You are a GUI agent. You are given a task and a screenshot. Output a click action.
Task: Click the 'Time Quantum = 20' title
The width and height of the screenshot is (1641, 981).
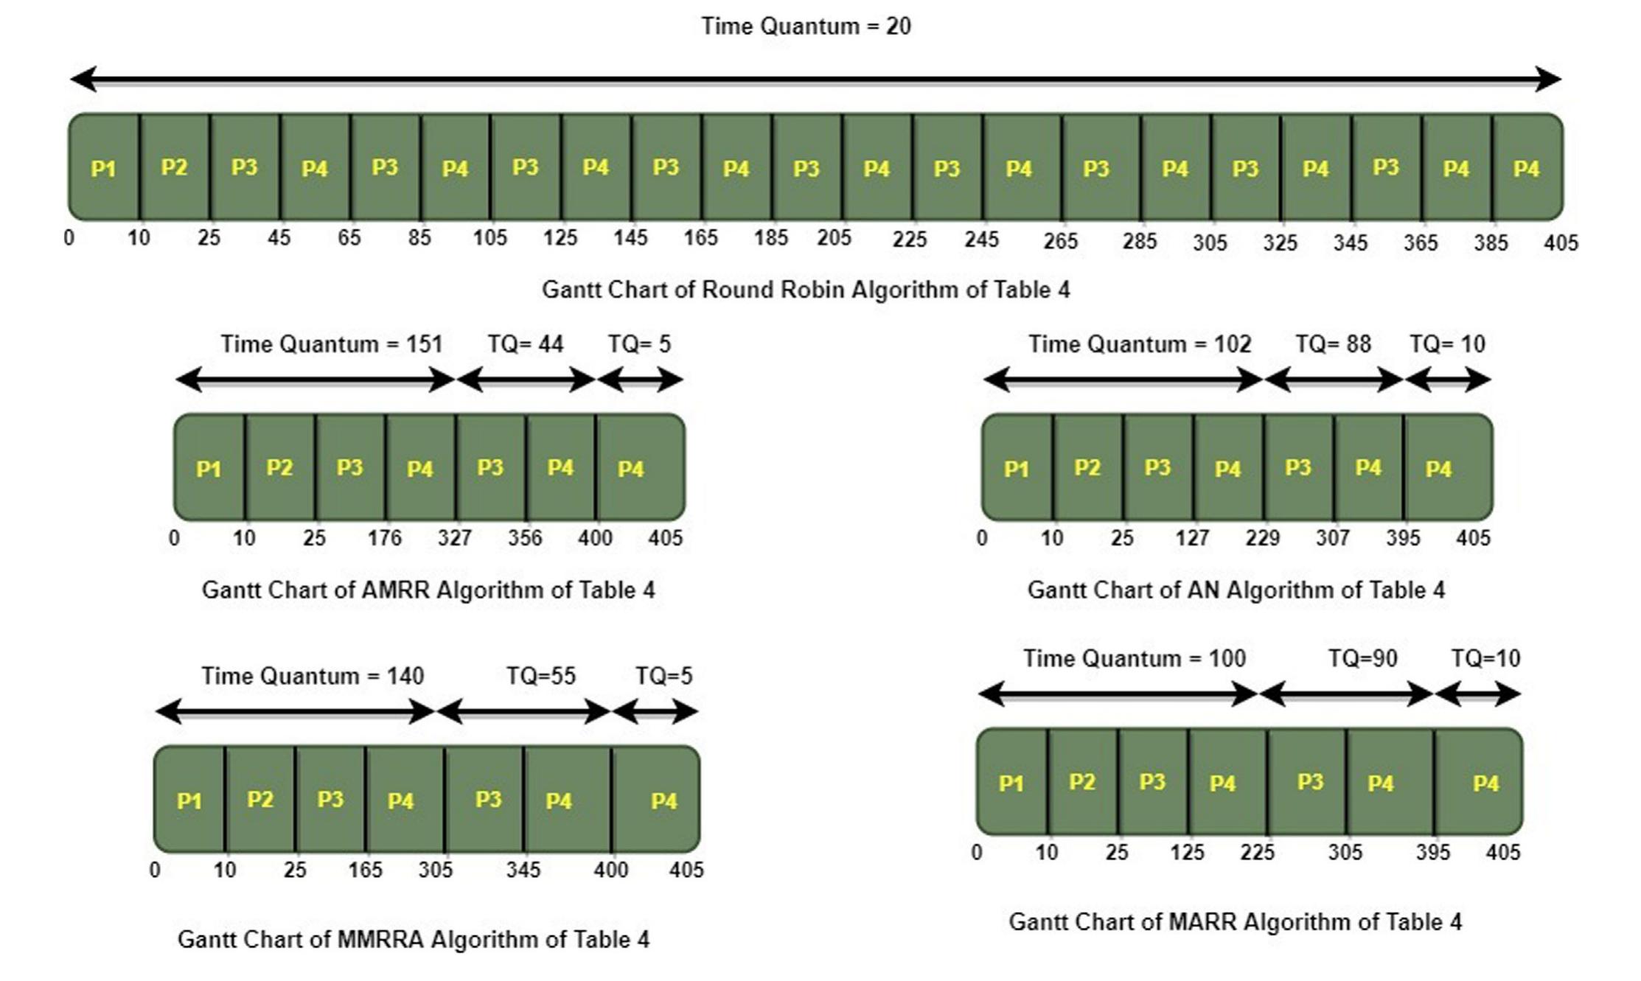point(806,27)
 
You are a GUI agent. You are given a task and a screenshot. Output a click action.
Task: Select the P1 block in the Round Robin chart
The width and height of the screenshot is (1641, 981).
point(104,168)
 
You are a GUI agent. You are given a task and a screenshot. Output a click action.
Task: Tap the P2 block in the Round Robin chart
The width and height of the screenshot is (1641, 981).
point(175,168)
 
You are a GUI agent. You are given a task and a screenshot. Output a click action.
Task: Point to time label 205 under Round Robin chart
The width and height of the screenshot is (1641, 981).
point(834,238)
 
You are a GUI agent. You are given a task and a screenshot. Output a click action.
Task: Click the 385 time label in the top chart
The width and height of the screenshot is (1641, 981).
point(1491,242)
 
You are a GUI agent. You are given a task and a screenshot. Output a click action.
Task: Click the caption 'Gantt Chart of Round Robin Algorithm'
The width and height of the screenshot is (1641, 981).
point(805,290)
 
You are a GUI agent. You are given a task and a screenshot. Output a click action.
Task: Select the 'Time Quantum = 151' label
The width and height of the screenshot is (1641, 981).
point(331,344)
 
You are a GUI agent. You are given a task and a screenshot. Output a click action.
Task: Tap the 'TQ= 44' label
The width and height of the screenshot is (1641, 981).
point(525,344)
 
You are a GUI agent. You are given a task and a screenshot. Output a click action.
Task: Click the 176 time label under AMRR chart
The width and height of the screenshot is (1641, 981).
point(384,538)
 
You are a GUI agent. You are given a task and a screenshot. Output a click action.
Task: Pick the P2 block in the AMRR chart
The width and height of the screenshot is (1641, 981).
point(279,467)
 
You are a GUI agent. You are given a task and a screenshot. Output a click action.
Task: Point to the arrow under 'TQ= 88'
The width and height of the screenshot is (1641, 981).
point(1334,380)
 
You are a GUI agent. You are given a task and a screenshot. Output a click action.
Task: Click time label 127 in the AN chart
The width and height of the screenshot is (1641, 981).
point(1192,538)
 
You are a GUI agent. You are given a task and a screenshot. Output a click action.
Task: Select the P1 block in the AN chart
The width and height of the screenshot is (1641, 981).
point(1017,467)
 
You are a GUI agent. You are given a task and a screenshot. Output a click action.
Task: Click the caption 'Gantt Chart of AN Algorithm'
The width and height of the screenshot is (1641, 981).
point(1236,590)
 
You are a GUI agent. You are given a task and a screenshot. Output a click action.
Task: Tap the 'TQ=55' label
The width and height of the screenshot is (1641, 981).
point(540,676)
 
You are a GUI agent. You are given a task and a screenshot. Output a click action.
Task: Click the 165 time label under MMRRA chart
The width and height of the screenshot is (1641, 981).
point(365,870)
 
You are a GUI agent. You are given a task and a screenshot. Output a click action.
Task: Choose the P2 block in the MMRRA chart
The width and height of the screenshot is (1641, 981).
point(260,800)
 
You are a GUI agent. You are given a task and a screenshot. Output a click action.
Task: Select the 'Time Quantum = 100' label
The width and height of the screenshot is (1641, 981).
point(1134,658)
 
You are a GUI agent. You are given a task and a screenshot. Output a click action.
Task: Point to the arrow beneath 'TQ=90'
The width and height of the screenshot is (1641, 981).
point(1346,694)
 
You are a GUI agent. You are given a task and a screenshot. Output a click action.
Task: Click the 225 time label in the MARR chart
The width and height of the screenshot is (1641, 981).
point(1257,853)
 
